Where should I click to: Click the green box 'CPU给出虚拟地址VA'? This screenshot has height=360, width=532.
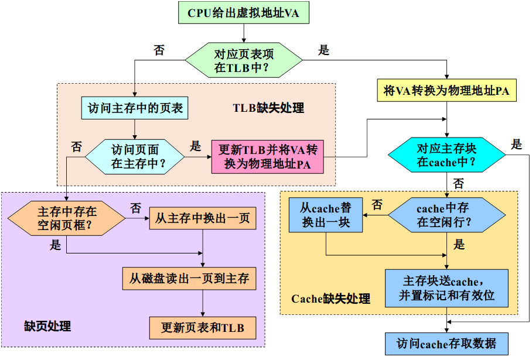[x=243, y=13]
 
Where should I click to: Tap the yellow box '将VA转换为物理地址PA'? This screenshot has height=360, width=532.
[x=446, y=91]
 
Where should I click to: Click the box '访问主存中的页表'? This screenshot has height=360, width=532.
[x=135, y=108]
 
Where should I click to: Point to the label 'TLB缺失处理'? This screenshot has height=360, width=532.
[x=269, y=108]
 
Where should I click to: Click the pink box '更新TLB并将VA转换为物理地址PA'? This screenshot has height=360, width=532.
[x=267, y=156]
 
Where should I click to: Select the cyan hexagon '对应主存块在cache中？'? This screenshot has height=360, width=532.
[x=446, y=155]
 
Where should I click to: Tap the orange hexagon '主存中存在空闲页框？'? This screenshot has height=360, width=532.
[x=67, y=218]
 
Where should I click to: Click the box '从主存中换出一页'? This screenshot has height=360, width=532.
[x=203, y=218]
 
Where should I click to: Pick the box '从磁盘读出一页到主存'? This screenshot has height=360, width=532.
[x=189, y=279]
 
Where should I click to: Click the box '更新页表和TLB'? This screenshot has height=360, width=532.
[x=203, y=327]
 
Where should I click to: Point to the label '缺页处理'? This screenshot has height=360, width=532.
[x=47, y=326]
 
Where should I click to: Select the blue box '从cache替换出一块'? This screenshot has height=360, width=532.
[x=325, y=215]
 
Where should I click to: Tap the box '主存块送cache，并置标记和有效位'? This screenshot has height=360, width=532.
[x=446, y=288]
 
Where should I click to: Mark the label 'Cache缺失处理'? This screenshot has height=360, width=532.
[x=330, y=299]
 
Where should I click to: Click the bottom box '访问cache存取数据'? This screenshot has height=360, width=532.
[x=446, y=343]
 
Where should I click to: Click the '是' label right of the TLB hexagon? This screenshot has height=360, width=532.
[x=323, y=50]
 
